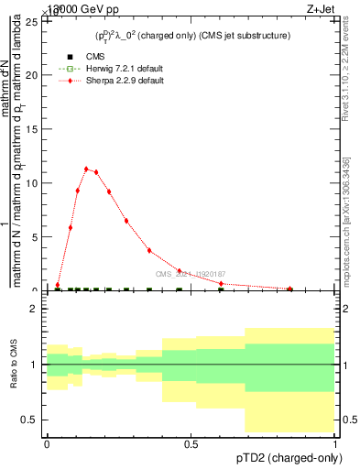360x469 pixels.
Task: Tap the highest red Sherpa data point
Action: pos(86,169)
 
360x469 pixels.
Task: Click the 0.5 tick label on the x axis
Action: pos(191,443)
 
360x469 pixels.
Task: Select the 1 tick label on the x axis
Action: pos(335,443)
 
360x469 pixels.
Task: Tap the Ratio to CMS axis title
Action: pos(15,365)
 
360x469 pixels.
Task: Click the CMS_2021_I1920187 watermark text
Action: pos(190,274)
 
